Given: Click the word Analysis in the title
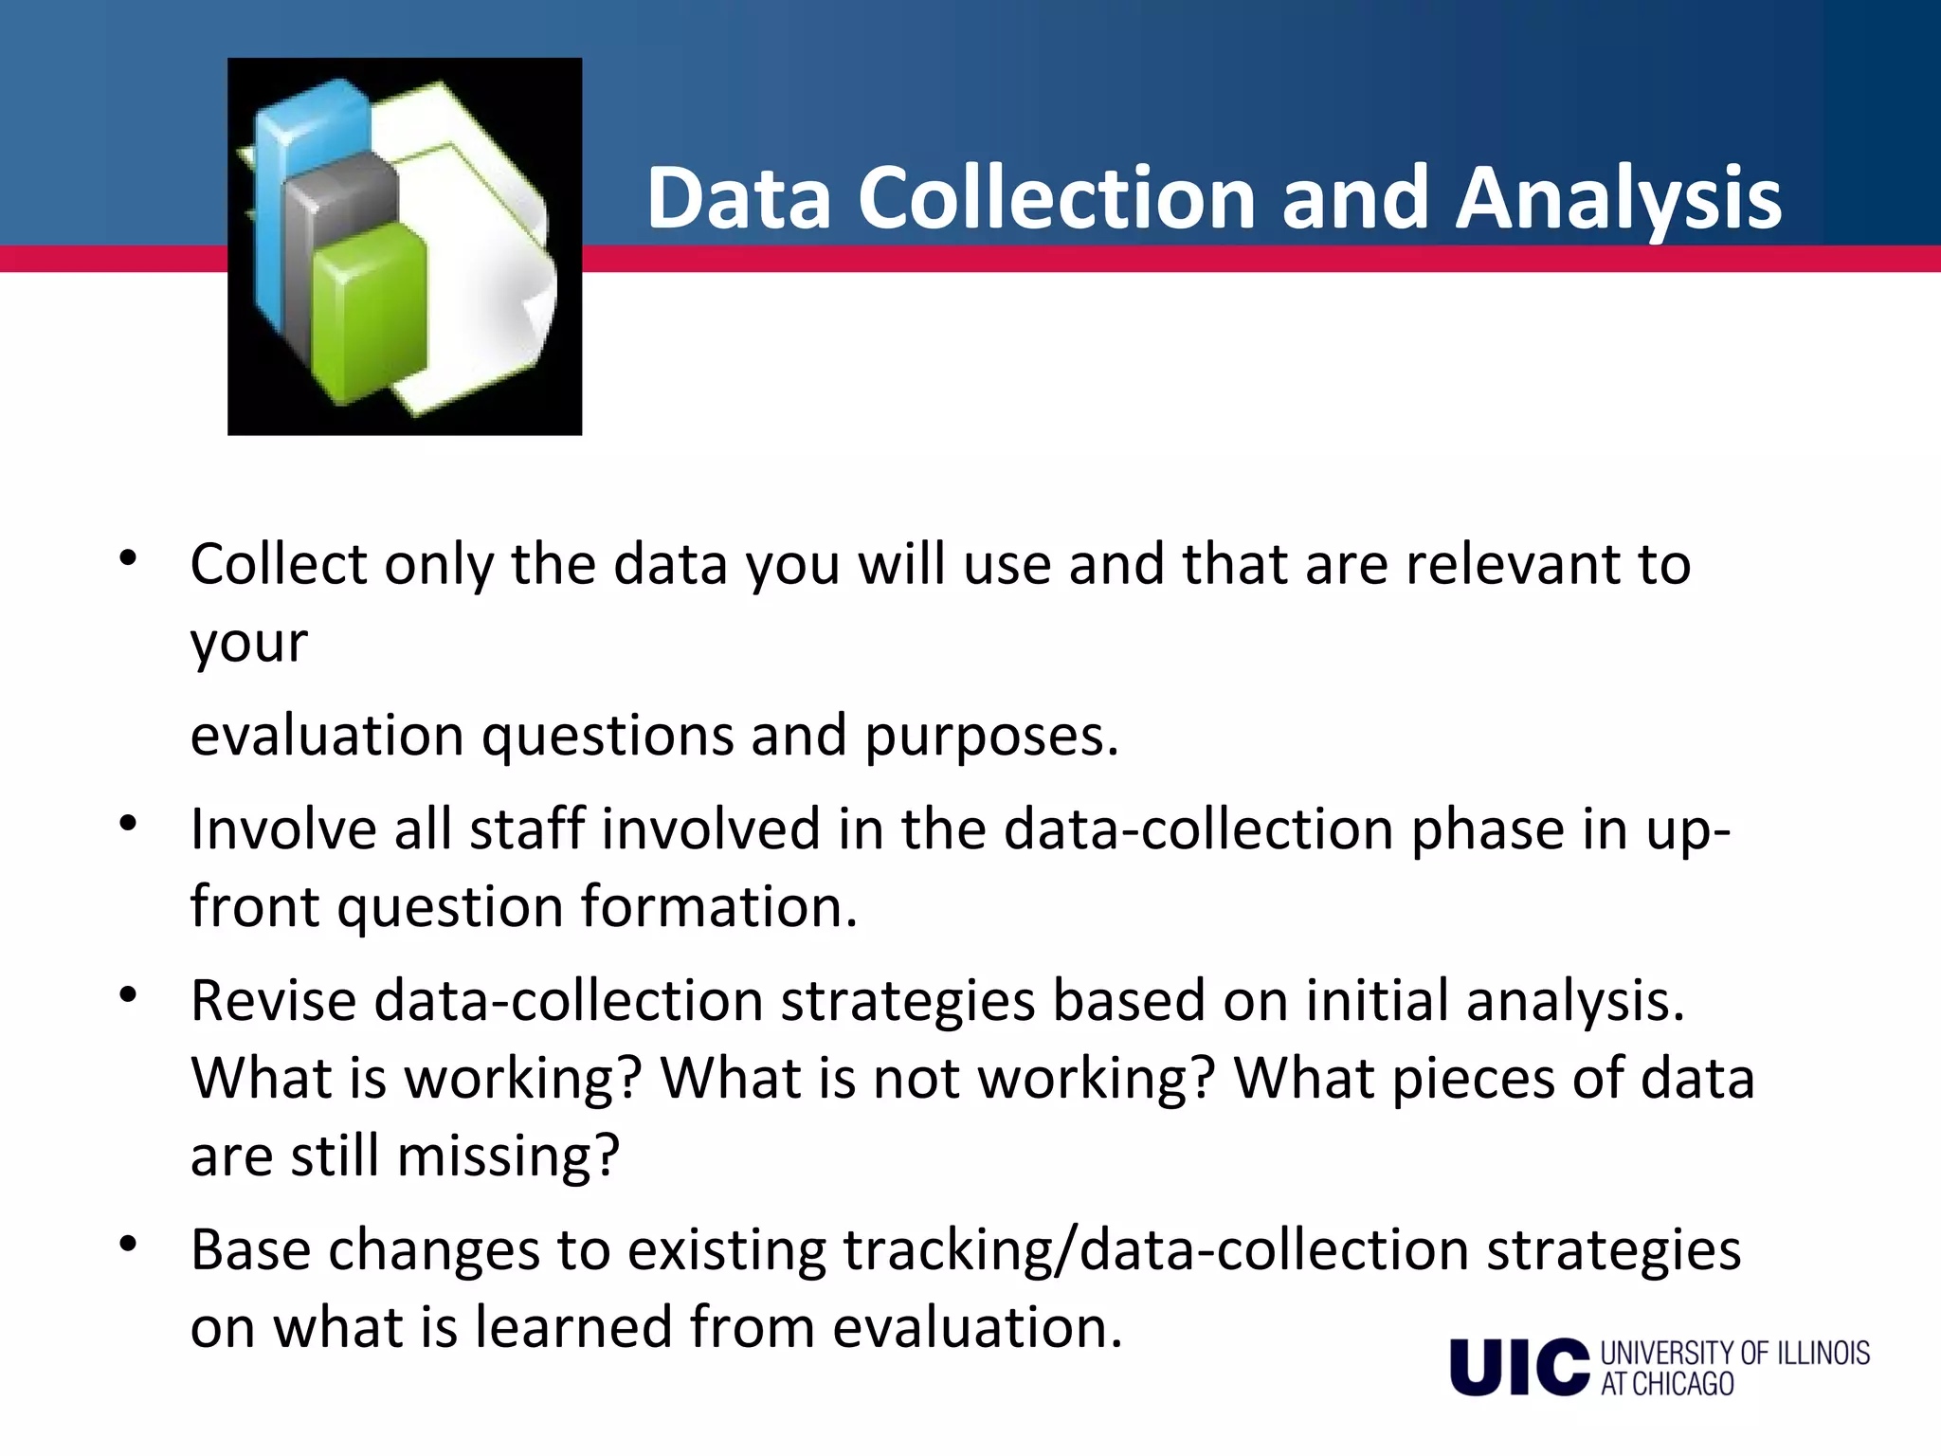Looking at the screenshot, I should tap(1618, 199).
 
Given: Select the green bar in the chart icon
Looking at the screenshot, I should tap(370, 313).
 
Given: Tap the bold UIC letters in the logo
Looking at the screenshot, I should tap(1518, 1367).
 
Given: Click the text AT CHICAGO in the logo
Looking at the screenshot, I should tap(1668, 1384).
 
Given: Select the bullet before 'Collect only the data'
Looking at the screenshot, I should tap(129, 558).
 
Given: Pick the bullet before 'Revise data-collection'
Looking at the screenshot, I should tap(129, 994).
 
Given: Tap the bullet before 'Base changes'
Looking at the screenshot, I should tap(129, 1243).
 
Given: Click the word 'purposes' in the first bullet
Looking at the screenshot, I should tap(990, 737).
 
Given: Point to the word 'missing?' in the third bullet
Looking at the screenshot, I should tap(507, 1156).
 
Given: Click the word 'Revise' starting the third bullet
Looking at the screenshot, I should tap(273, 1002).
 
